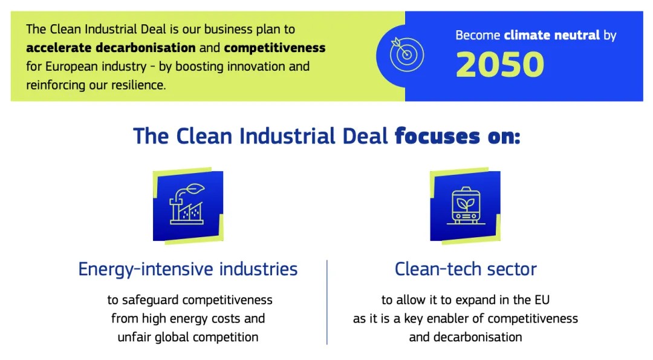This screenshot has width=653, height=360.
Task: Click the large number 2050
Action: point(500,65)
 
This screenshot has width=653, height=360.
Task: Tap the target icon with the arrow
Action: point(407,54)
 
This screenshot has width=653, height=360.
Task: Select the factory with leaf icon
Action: point(188,205)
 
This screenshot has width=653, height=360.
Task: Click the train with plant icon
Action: point(466,206)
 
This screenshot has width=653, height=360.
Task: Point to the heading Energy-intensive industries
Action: point(188,269)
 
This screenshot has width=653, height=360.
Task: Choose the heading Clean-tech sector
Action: point(466,269)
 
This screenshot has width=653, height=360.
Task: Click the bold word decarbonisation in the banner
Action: point(145,48)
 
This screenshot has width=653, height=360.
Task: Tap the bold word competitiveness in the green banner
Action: point(275,48)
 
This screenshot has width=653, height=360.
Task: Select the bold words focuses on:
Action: point(457,136)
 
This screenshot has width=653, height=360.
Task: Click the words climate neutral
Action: point(552,35)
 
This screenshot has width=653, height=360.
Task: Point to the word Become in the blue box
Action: point(478,35)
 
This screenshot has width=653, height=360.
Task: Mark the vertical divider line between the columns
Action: point(327,302)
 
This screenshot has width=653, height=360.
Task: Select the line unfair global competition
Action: point(188,336)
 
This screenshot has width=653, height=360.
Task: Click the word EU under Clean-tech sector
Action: point(541,300)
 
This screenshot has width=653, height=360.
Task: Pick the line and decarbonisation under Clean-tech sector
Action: point(466,336)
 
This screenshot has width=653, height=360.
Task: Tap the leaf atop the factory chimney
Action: point(195,189)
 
